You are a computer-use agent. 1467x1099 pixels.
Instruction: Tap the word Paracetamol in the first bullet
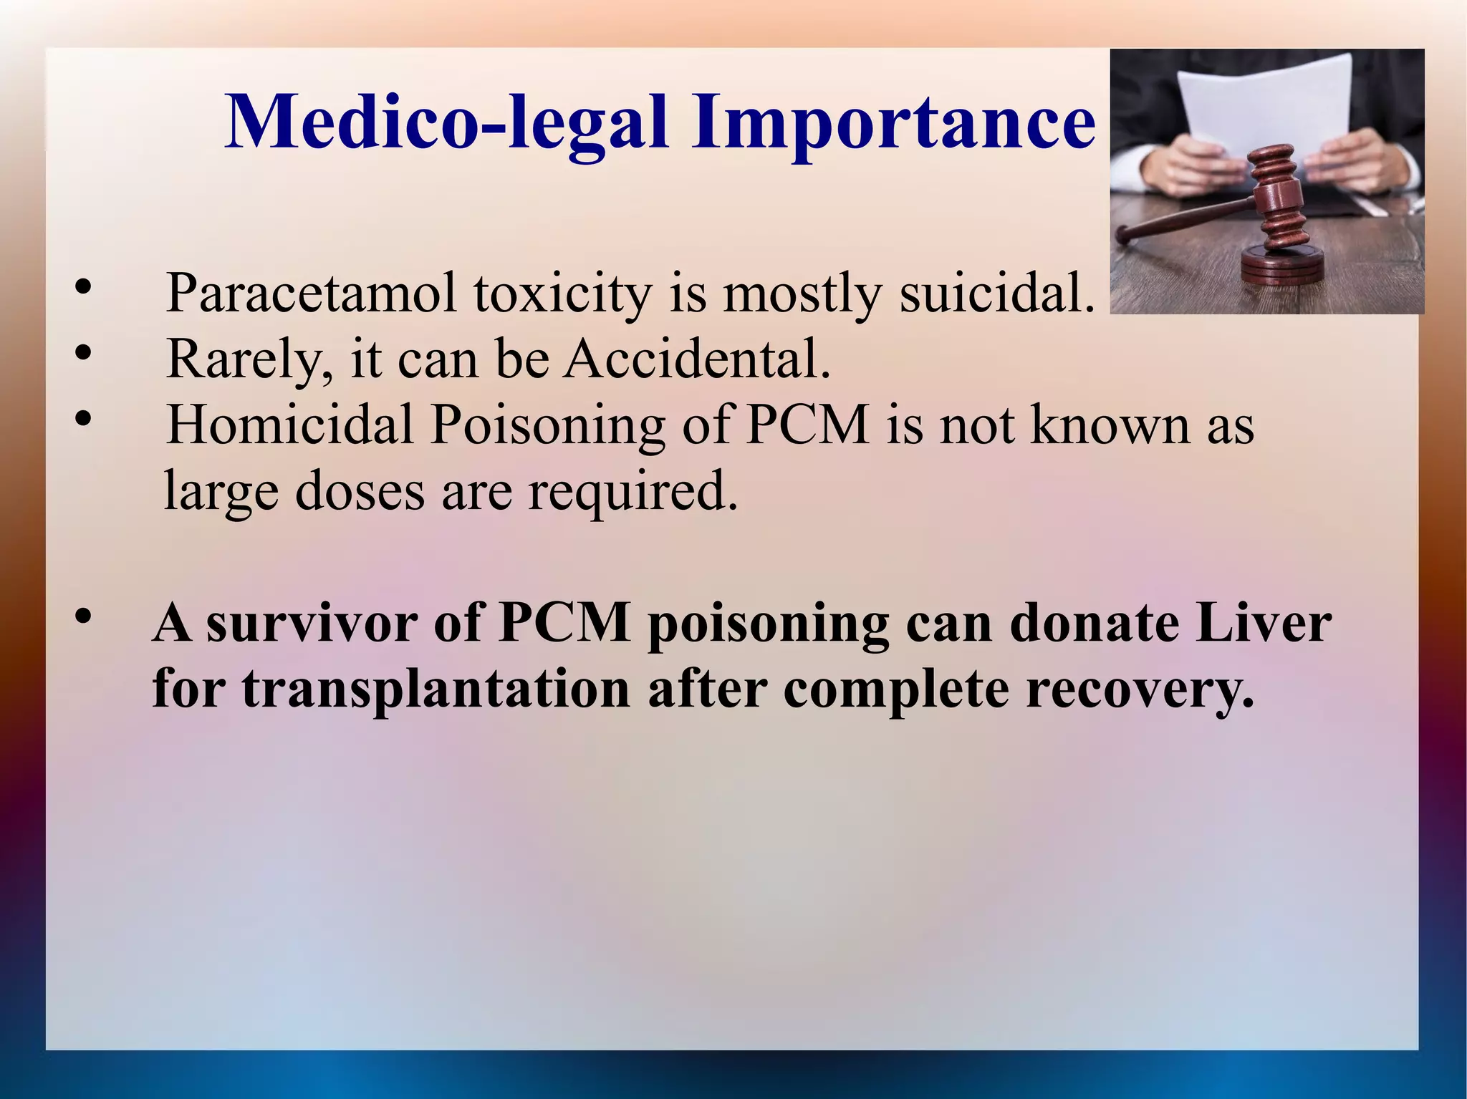[311, 294]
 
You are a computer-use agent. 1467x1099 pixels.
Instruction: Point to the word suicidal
[997, 294]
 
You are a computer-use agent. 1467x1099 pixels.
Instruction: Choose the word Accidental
[698, 358]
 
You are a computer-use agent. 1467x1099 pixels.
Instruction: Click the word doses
[360, 491]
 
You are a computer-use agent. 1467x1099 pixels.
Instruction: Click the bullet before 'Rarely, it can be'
[83, 353]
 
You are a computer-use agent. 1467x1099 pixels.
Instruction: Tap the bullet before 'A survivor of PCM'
[83, 616]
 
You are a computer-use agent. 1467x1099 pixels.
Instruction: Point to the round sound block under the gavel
[1282, 265]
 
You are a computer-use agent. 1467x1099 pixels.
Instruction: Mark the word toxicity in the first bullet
[562, 294]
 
